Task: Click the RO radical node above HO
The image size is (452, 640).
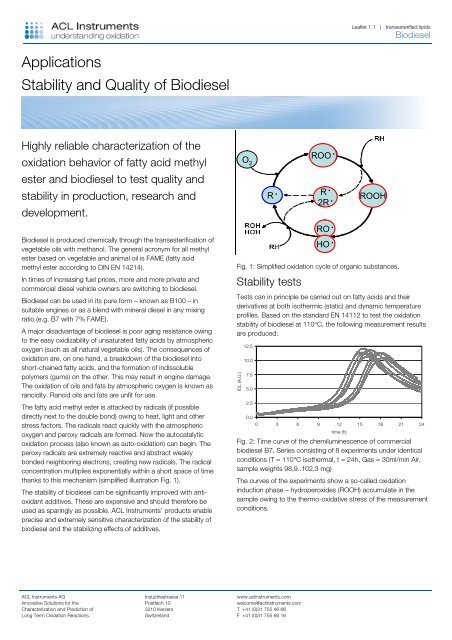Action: (325, 226)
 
